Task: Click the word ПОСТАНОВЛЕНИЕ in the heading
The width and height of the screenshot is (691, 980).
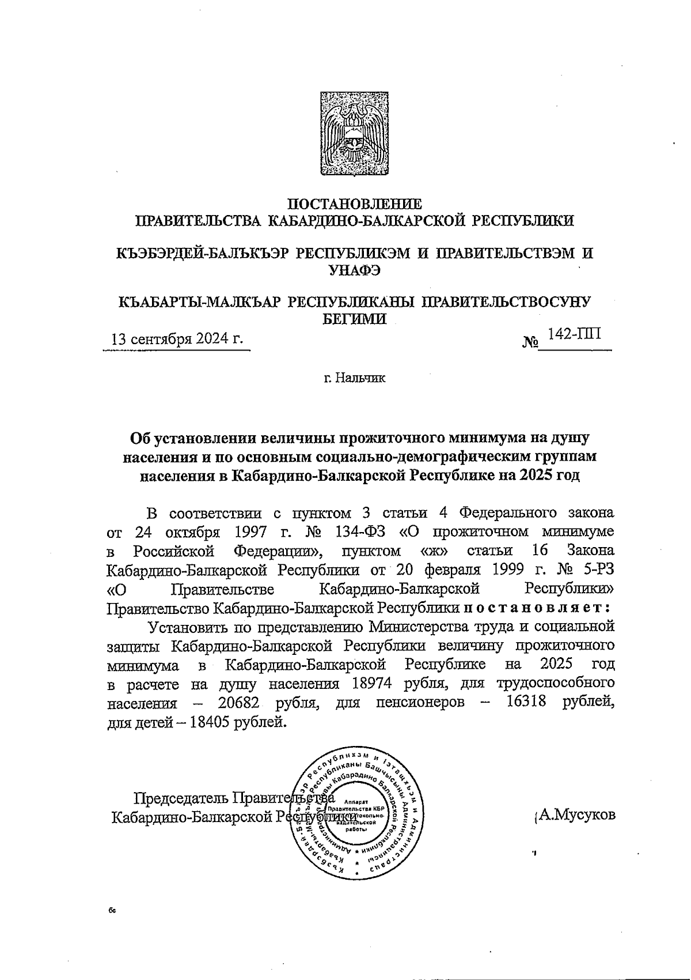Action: click(x=354, y=204)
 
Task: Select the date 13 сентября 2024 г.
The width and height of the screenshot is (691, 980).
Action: click(x=177, y=338)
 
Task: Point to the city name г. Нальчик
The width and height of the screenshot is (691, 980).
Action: click(x=354, y=379)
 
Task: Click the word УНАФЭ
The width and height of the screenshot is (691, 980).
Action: click(x=354, y=270)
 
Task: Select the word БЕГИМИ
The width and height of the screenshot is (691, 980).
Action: click(x=354, y=318)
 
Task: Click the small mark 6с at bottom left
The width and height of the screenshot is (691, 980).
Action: click(x=112, y=910)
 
